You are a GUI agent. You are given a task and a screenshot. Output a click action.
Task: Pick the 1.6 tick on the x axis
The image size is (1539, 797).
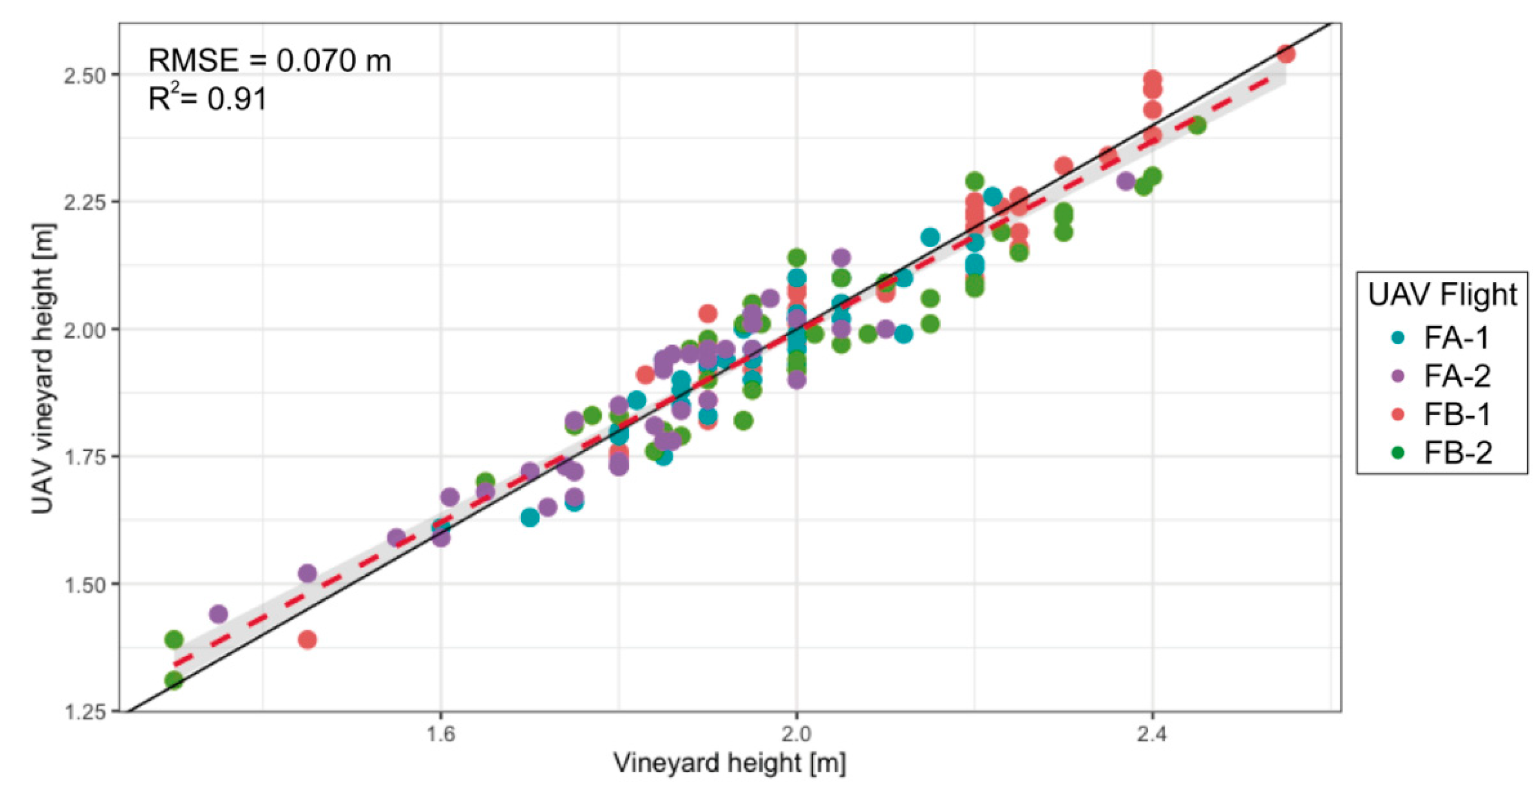tap(441, 733)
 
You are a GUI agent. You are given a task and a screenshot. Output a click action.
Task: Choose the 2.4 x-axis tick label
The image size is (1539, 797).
tap(1152, 733)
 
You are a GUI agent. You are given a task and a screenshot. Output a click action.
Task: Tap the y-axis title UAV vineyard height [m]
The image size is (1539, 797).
tap(43, 369)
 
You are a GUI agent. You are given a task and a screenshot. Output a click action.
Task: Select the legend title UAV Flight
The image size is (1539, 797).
tap(1442, 294)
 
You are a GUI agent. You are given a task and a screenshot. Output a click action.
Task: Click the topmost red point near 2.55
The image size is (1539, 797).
tap(1286, 54)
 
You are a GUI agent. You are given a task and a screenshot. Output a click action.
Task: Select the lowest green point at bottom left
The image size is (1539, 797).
tap(174, 680)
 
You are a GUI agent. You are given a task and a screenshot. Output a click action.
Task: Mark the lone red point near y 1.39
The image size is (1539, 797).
tap(307, 640)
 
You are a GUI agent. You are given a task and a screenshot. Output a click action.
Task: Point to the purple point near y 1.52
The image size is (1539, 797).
tap(307, 573)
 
